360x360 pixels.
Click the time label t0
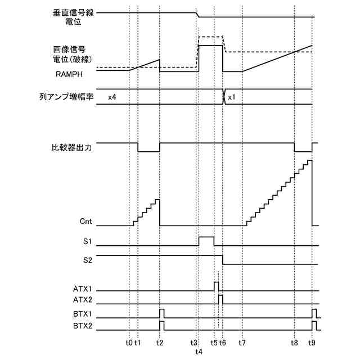pos(129,341)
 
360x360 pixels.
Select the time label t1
pos(138,341)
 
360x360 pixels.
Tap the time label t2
pos(160,341)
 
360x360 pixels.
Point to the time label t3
pos(195,341)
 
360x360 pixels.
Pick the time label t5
pos(214,341)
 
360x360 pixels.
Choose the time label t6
pos(223,341)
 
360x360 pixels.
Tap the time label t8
pos(295,341)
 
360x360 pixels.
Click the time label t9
pos(312,341)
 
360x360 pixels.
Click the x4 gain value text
pos(112,97)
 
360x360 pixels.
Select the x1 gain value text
pos(232,97)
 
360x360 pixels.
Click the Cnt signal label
pos(86,222)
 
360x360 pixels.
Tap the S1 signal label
pos(87,242)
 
